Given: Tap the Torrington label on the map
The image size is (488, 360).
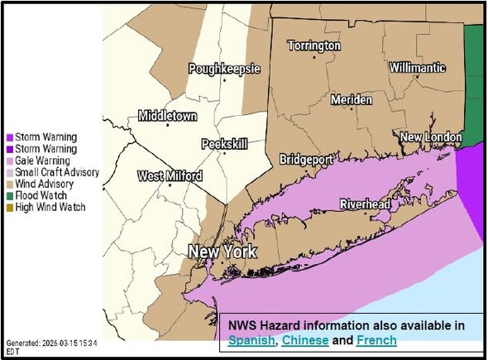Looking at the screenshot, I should click(x=313, y=46).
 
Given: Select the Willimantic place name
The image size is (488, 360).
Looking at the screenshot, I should click(x=417, y=67).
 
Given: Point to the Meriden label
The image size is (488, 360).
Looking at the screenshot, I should click(x=352, y=99).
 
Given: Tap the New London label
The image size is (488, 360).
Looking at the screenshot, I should click(x=428, y=136).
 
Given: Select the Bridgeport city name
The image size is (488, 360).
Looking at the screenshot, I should click(x=306, y=158).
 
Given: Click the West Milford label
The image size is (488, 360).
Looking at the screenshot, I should click(x=169, y=175).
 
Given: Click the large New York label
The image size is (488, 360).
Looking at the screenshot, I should click(x=222, y=252).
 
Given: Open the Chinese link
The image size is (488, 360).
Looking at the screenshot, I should click(x=307, y=340).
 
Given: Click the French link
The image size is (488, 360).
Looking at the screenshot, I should click(x=376, y=340).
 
